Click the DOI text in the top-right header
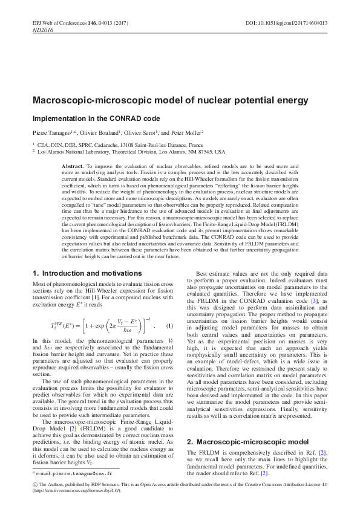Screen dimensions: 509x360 (287, 22)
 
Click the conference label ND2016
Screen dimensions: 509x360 (43, 29)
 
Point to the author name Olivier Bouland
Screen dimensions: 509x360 (100, 132)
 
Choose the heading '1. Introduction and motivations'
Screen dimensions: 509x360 (87, 273)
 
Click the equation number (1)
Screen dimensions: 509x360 (169, 326)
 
